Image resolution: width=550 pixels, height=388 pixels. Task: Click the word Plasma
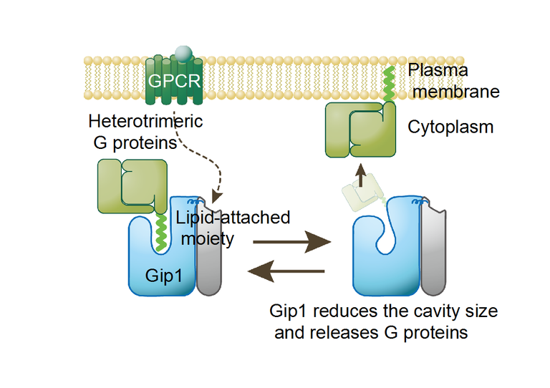point(438,70)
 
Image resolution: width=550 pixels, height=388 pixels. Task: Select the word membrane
point(453,92)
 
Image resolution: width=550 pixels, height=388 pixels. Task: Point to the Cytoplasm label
point(450,127)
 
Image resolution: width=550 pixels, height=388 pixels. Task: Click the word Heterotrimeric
point(145,121)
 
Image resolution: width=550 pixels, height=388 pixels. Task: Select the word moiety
point(207,238)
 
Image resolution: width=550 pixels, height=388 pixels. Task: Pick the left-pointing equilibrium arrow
point(286,272)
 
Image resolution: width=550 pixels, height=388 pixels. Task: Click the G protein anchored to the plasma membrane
point(361,129)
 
